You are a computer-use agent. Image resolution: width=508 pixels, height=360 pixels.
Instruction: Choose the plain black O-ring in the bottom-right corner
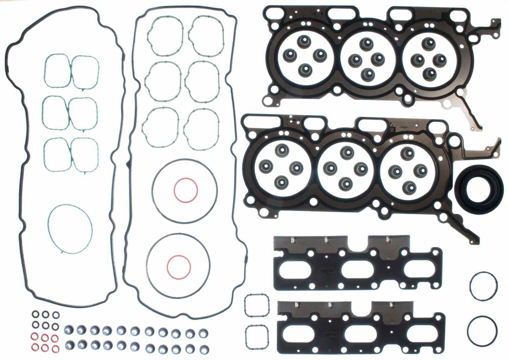pyautogui.click(x=482, y=329)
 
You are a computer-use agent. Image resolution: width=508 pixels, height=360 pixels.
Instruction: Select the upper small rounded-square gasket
pyautogui.click(x=256, y=307)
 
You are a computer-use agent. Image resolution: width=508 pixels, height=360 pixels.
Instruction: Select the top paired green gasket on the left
pyautogui.click(x=71, y=71)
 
